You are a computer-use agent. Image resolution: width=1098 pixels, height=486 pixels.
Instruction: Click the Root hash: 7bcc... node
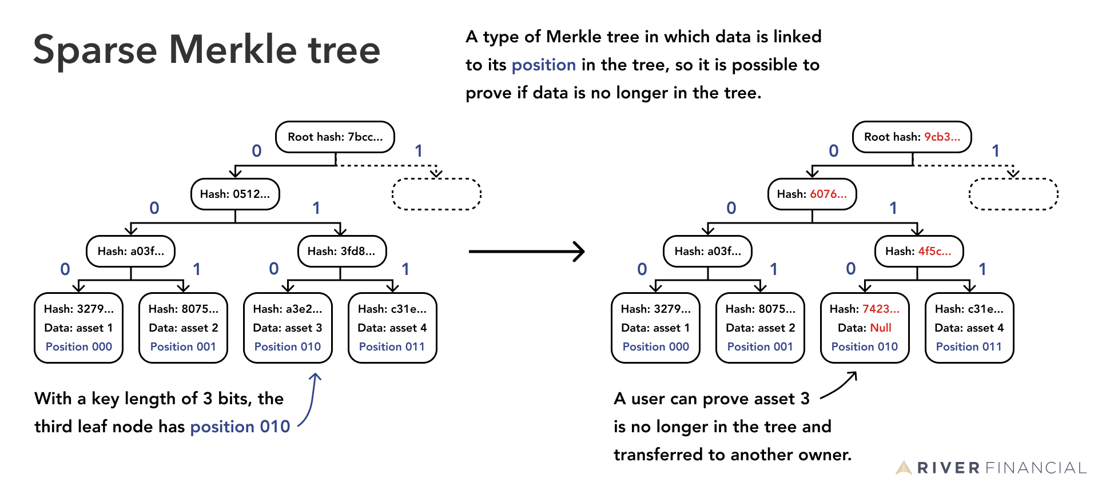(335, 137)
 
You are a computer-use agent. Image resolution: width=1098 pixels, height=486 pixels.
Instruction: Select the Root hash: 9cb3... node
(912, 137)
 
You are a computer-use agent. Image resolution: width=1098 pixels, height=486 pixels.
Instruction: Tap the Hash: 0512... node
(235, 194)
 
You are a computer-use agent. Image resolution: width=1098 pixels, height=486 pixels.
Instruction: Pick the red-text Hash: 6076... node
(812, 194)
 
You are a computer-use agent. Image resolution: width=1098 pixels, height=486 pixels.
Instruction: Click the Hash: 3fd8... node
(342, 251)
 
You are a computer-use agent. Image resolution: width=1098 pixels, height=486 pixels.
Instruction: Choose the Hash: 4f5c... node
(919, 251)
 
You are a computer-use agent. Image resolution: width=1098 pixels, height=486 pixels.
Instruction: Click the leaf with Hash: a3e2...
(288, 328)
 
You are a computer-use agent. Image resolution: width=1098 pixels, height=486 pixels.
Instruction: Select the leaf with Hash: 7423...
(865, 328)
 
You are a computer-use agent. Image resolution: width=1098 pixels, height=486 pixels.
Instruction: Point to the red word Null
(881, 328)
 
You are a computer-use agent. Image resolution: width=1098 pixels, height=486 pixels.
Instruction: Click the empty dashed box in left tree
(436, 194)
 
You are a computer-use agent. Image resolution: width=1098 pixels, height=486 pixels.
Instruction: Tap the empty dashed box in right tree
(1013, 194)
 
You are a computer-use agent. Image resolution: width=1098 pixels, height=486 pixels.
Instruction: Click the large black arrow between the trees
(526, 251)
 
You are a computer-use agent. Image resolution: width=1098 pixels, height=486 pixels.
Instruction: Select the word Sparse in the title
(95, 50)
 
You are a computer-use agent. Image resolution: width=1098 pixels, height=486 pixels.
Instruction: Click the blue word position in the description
(543, 65)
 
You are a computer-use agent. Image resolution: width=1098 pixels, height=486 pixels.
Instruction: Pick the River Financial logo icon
(904, 468)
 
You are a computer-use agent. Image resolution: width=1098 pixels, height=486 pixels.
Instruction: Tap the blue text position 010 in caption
(240, 427)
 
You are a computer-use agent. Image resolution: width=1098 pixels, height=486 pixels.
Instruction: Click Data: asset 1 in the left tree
(79, 328)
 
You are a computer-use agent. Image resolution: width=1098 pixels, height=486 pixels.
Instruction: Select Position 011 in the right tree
(969, 346)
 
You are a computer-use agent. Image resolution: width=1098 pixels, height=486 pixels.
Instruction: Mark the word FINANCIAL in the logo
(1036, 468)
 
